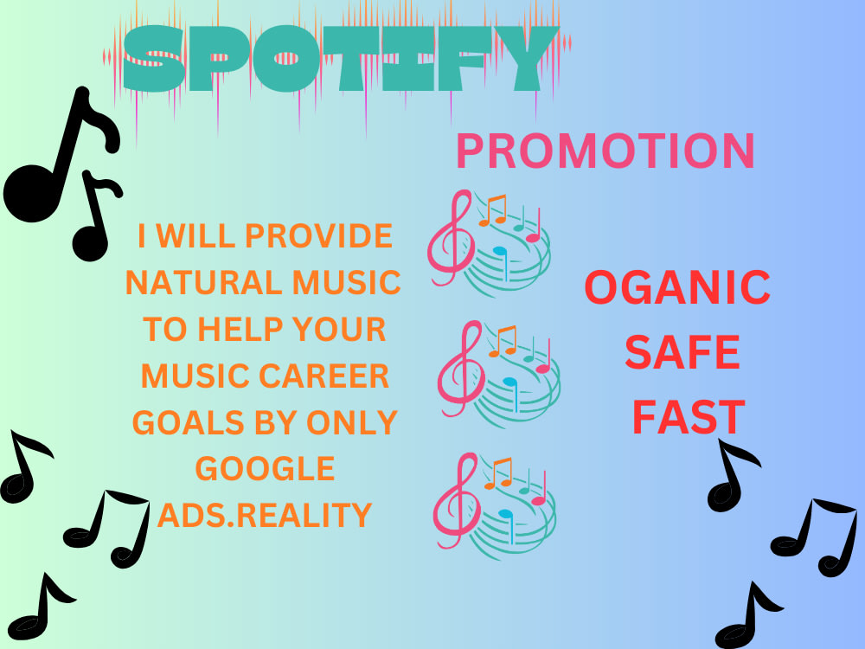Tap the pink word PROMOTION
click(605, 151)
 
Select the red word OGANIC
click(677, 288)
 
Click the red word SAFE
click(682, 353)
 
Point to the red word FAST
click(688, 417)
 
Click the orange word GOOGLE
click(265, 469)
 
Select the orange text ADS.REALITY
click(265, 516)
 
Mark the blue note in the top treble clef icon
click(501, 254)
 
